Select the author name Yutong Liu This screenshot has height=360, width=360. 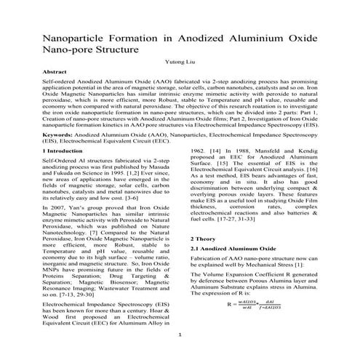[179, 63]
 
